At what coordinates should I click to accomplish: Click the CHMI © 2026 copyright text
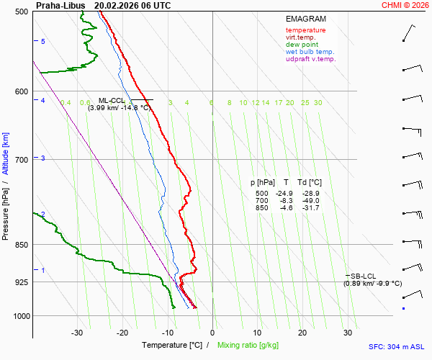pos(406,5)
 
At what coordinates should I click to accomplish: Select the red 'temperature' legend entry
pos(305,30)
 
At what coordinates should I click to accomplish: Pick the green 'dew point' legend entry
pos(302,45)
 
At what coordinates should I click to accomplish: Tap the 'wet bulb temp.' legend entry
pos(310,52)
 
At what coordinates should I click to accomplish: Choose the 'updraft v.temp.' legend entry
pos(310,59)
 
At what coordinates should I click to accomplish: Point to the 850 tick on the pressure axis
pos(21,245)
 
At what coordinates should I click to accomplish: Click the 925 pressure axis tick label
pos(21,282)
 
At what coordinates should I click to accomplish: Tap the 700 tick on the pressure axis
pos(21,159)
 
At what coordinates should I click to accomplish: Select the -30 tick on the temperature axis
pos(77,333)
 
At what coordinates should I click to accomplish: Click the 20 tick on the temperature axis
pos(302,333)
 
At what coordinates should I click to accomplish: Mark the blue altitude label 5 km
pos(43,42)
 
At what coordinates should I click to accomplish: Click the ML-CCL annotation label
pos(112,101)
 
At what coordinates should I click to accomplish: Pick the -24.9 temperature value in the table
pos(286,194)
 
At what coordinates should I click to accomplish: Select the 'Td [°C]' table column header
pos(310,183)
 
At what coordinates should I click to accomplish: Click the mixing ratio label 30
pos(318,103)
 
